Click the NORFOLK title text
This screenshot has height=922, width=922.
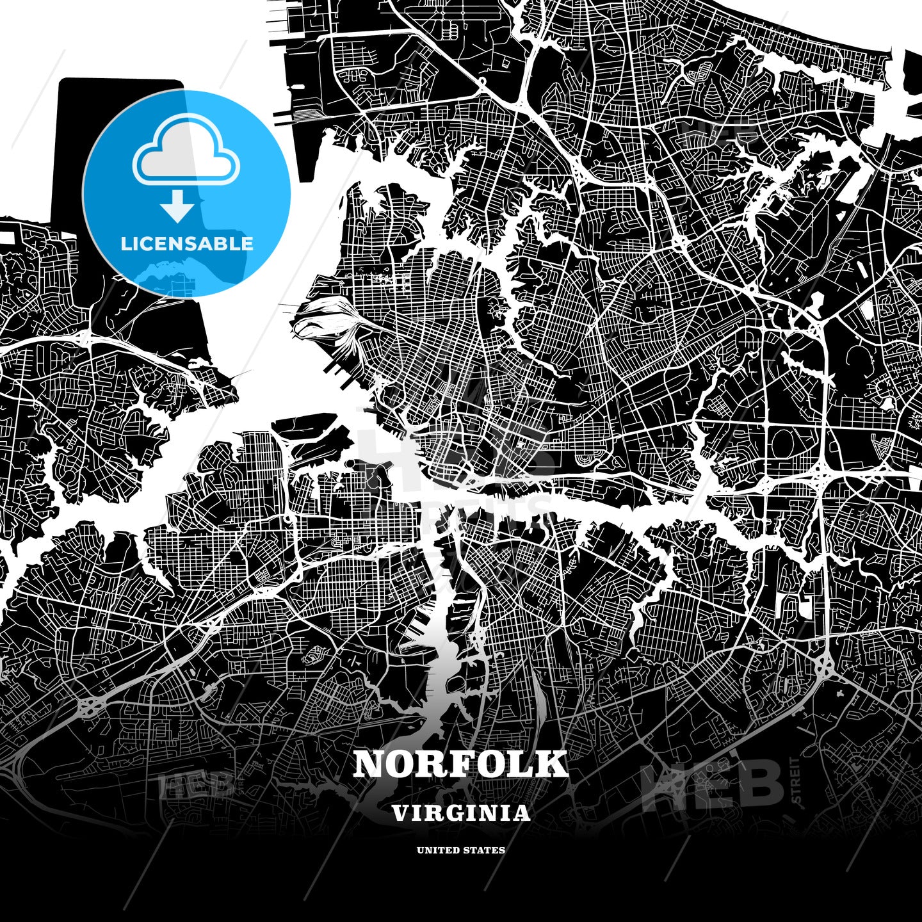460,764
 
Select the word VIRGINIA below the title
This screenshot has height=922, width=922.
460,813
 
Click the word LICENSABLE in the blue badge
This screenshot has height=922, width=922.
187,244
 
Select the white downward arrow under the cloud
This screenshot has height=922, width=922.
177,206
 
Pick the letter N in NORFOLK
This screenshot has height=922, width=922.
369,764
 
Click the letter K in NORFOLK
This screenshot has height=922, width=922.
553,764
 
